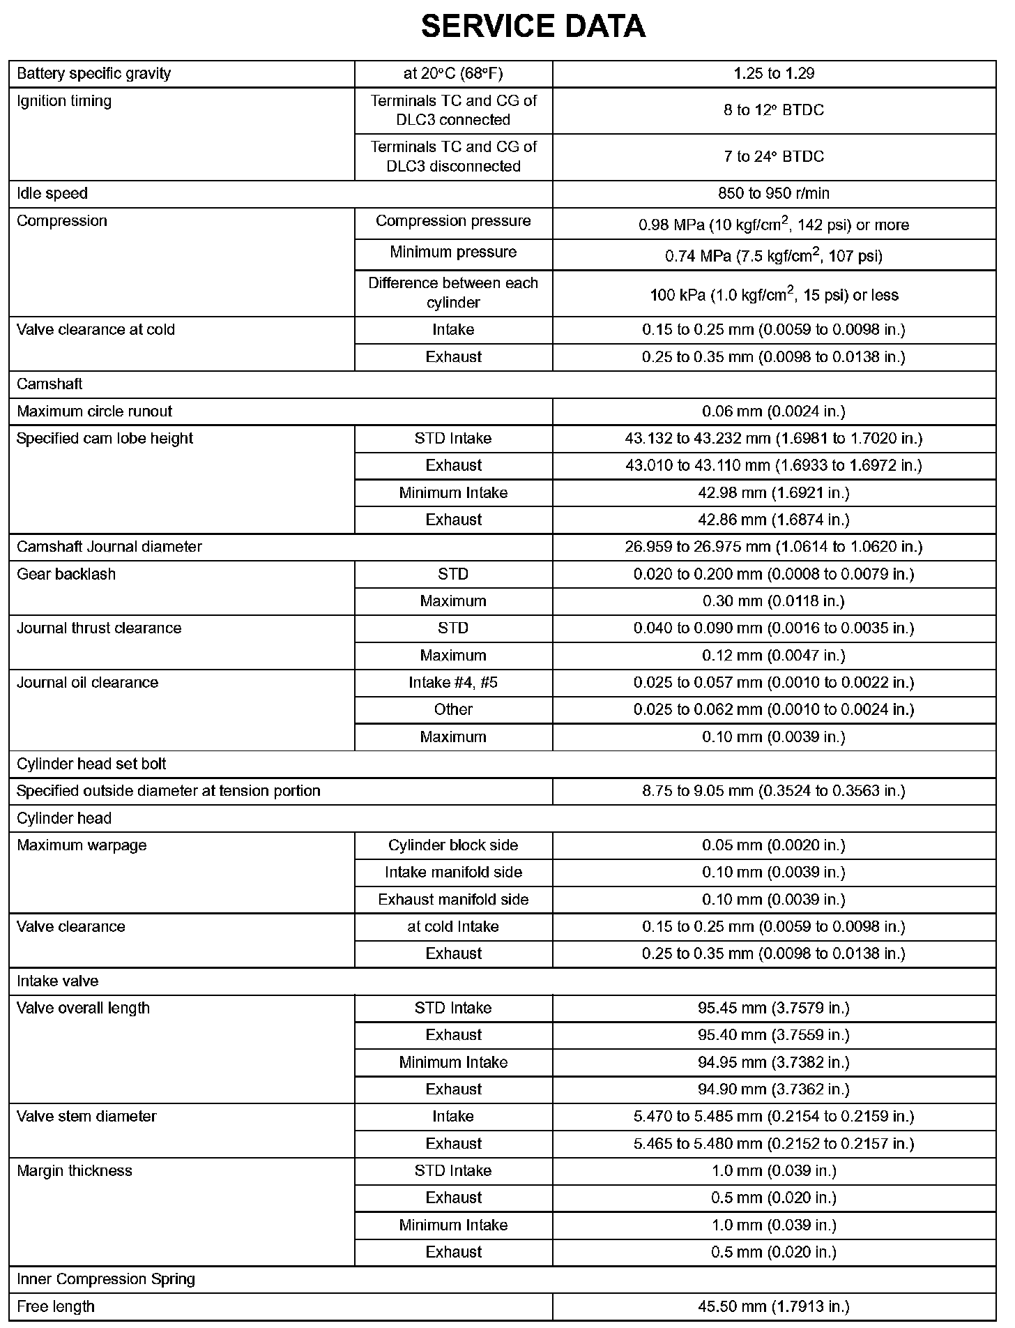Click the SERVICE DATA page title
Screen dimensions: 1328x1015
tap(533, 27)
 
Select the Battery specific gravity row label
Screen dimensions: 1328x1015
tap(93, 74)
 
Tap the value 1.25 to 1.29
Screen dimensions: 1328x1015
tap(774, 74)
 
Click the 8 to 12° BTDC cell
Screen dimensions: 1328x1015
tap(774, 110)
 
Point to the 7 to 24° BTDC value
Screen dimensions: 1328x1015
tap(774, 157)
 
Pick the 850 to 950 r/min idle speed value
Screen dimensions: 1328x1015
tap(774, 194)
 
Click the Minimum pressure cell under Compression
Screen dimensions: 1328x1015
tap(453, 252)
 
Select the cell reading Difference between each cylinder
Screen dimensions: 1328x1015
tap(453, 293)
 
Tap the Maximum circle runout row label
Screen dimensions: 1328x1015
tap(94, 412)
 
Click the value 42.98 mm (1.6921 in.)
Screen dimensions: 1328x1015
tap(774, 493)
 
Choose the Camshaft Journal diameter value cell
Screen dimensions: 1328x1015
tap(774, 547)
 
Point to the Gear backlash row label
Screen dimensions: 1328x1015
tap(66, 574)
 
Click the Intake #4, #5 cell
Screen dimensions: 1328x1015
tap(453, 682)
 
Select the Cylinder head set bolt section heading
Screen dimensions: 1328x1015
tap(91, 764)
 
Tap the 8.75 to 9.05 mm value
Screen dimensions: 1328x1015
tap(774, 791)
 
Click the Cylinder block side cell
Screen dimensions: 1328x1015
tap(453, 845)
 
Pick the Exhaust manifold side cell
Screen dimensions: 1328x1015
tap(453, 900)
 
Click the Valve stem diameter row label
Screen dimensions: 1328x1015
tap(86, 1117)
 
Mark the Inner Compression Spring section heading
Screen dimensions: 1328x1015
tap(106, 1279)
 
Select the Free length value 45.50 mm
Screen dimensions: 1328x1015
tap(774, 1306)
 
